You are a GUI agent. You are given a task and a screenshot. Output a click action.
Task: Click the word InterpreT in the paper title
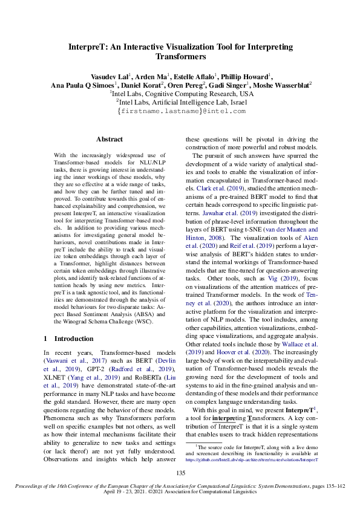coord(89,47)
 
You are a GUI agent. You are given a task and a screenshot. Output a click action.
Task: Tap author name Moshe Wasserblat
coord(279,86)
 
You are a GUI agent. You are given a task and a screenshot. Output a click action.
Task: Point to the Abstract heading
coord(110,139)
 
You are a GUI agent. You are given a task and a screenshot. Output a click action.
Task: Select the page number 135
coord(180,473)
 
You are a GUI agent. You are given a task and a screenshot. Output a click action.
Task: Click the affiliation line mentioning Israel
coord(180,103)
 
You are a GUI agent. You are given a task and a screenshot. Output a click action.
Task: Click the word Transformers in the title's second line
coord(180,56)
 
